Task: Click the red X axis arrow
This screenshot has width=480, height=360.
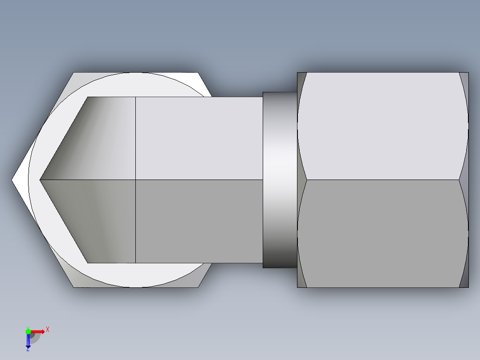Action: [38, 331]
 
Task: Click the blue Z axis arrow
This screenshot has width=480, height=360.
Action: [28, 340]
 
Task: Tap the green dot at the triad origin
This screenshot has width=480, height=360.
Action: [28, 331]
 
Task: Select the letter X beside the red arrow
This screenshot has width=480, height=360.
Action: [47, 330]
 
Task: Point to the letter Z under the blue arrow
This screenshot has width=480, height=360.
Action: [28, 349]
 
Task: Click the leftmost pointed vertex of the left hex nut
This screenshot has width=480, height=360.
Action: [12, 180]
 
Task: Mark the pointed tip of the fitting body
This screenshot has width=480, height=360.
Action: [41, 180]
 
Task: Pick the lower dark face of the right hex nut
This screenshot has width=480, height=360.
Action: [383, 233]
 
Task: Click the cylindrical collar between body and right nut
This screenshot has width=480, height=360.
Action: [280, 180]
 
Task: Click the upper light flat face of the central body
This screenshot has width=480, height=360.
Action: [199, 138]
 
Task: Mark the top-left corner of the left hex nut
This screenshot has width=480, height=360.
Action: [74, 73]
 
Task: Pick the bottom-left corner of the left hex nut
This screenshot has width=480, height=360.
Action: [74, 286]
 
